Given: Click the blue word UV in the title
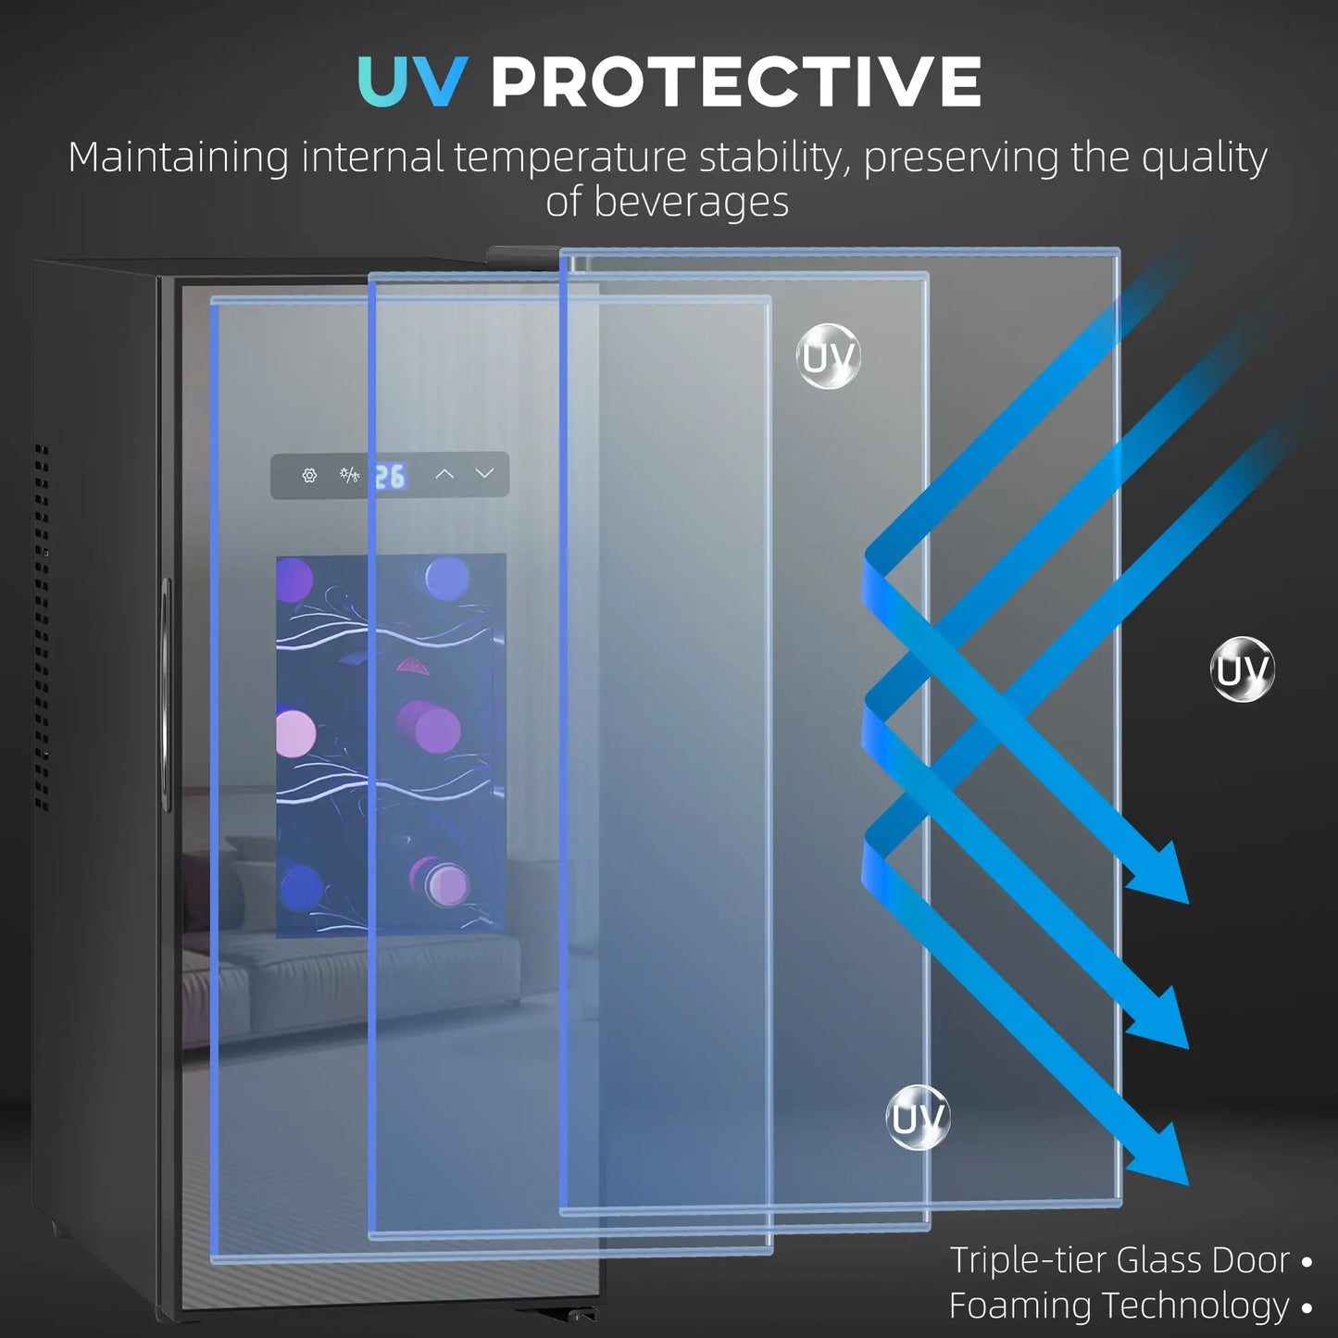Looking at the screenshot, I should click(411, 81).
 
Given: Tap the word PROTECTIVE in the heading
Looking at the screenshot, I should click(735, 81).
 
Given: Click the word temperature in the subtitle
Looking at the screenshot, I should click(569, 157).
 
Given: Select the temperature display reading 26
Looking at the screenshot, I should click(390, 476).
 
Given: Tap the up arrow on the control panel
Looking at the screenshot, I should click(444, 474).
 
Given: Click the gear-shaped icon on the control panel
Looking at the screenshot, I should click(309, 475).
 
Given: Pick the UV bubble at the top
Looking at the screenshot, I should click(829, 356).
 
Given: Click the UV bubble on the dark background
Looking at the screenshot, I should click(1243, 669).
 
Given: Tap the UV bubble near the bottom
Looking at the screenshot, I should click(918, 1118).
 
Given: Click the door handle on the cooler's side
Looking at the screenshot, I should click(166, 694).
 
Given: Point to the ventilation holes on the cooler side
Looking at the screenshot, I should click(42, 630).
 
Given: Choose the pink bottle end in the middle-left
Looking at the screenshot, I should click(295, 733).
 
